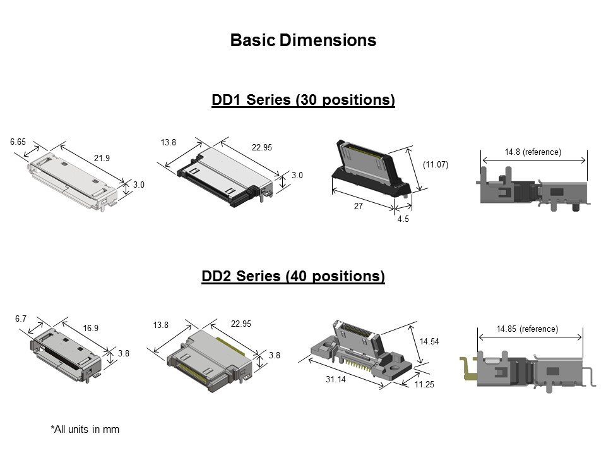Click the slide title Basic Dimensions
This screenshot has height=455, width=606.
pyautogui.click(x=303, y=40)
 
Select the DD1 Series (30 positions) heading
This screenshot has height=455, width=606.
pyautogui.click(x=303, y=100)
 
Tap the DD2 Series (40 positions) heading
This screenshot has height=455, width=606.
pyautogui.click(x=293, y=276)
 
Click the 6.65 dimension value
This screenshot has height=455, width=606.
pyautogui.click(x=19, y=142)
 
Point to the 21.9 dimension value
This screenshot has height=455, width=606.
pyautogui.click(x=102, y=158)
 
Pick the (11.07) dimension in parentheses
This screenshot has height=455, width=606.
pyautogui.click(x=435, y=165)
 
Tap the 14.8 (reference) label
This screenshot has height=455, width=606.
pyautogui.click(x=533, y=152)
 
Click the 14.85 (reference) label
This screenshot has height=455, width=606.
pyautogui.click(x=527, y=329)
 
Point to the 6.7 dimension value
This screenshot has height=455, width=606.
pyautogui.click(x=21, y=319)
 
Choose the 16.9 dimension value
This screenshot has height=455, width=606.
pyautogui.click(x=91, y=328)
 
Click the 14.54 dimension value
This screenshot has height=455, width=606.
pyautogui.click(x=429, y=341)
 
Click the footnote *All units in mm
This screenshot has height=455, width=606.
pyautogui.click(x=85, y=429)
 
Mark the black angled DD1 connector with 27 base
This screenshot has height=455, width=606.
pyautogui.click(x=372, y=171)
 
